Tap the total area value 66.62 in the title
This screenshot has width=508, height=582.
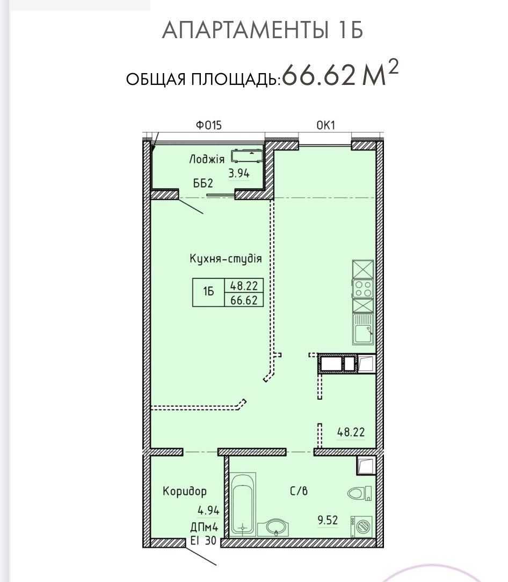(319, 75)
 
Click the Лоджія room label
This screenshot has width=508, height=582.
(207, 159)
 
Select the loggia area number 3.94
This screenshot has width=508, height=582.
(239, 173)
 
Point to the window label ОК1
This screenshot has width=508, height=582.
(325, 125)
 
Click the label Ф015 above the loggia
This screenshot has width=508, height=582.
(209, 125)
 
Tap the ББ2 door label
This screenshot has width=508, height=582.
(203, 183)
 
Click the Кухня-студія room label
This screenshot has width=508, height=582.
(226, 258)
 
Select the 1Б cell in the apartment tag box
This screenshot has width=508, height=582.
(209, 292)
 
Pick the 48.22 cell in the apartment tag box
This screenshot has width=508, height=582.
(244, 285)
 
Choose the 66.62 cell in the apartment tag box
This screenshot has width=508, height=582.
(244, 299)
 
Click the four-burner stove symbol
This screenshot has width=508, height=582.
(363, 289)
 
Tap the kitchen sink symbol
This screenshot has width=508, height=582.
(363, 329)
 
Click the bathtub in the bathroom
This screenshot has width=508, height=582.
(243, 505)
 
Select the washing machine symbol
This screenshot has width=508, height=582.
(361, 526)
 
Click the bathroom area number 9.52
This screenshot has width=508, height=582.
(328, 520)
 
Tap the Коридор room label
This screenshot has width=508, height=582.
(185, 491)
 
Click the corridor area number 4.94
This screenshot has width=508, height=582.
(208, 511)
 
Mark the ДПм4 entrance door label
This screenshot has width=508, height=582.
(204, 527)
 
